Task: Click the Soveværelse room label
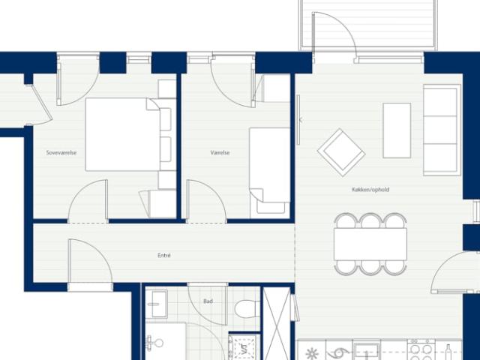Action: [x=61, y=153]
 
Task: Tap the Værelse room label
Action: [x=220, y=153]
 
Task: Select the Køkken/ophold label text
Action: [x=370, y=190]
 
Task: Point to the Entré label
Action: [x=164, y=255]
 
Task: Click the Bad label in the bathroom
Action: [x=208, y=301]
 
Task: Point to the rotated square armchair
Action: [x=341, y=151]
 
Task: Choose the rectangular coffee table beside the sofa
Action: [x=397, y=130]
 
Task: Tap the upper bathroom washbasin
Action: [x=157, y=304]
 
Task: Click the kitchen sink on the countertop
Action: [x=367, y=350]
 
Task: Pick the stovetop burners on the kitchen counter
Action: [x=422, y=350]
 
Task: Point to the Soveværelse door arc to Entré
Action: [x=88, y=199]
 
